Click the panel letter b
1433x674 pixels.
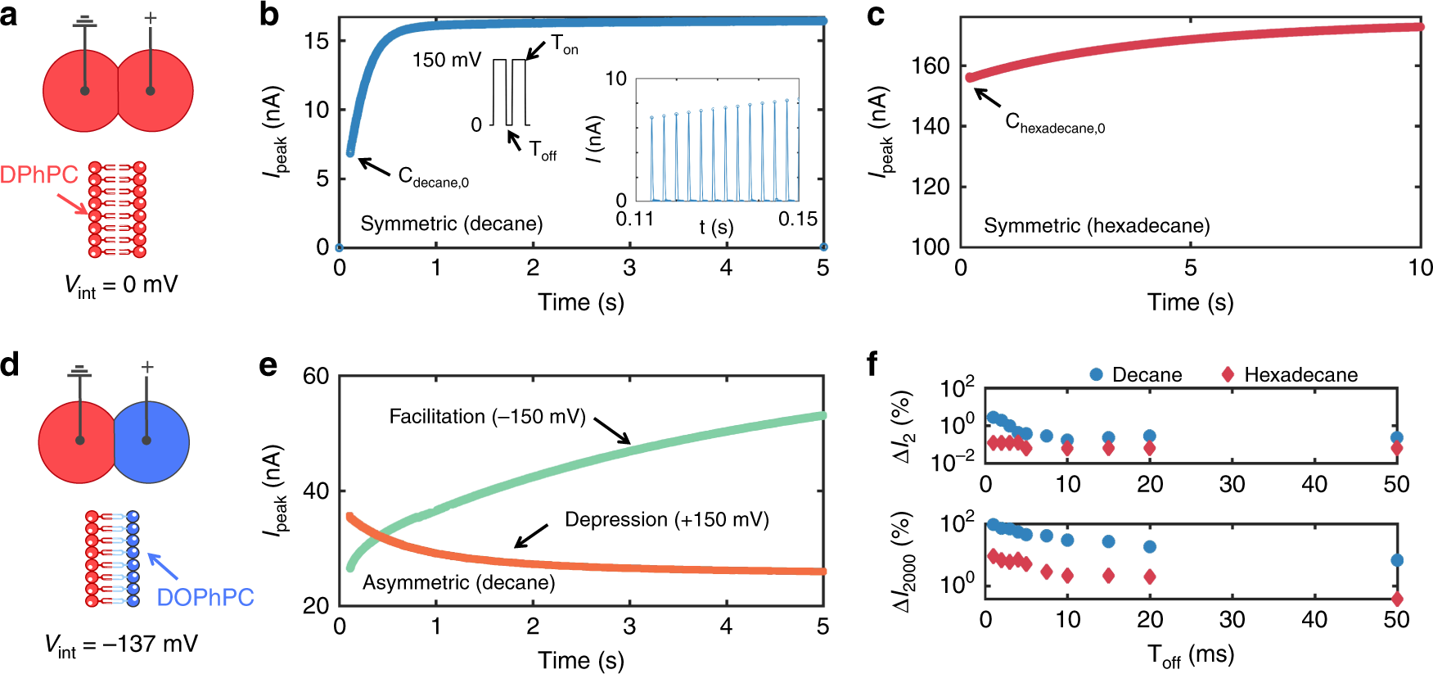268,15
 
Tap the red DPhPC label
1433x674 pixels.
38,174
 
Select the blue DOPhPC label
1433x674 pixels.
205,597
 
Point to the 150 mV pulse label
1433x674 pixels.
447,60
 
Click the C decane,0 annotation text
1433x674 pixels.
433,178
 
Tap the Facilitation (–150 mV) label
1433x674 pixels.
487,417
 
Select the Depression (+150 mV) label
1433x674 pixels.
666,520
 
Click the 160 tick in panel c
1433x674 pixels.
931,66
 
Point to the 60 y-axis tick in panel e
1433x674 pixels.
316,377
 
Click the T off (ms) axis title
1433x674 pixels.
1190,655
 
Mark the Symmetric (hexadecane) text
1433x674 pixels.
1096,225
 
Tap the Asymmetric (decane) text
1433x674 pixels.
458,582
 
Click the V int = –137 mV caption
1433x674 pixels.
121,645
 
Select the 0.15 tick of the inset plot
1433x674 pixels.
797,219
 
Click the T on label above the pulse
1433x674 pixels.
564,44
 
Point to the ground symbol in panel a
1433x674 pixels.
84,20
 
